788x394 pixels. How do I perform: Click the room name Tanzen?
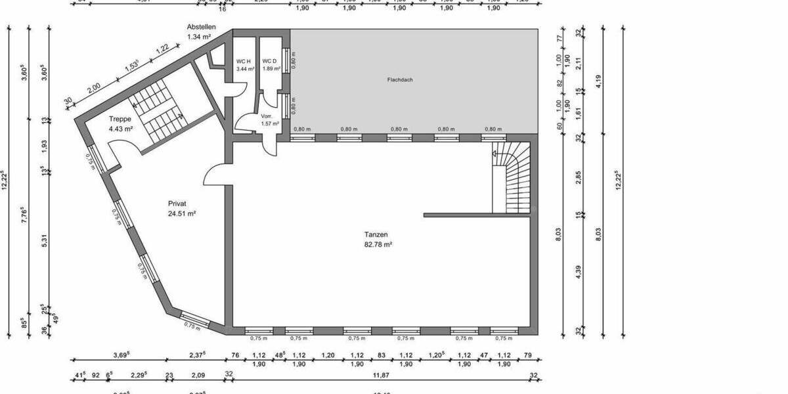(376, 234)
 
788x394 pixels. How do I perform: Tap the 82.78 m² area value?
(379, 244)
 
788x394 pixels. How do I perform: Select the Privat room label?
(177, 204)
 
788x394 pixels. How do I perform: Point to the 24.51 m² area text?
(182, 213)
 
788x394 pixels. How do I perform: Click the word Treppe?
(120, 120)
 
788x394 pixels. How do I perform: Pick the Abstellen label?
(201, 27)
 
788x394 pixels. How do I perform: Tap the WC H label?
(244, 61)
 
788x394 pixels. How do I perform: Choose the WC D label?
(270, 61)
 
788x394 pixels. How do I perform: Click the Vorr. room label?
(267, 116)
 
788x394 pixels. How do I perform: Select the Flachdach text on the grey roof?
(399, 79)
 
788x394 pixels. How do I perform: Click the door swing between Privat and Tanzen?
(217, 175)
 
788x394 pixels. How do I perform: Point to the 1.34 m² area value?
(199, 37)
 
